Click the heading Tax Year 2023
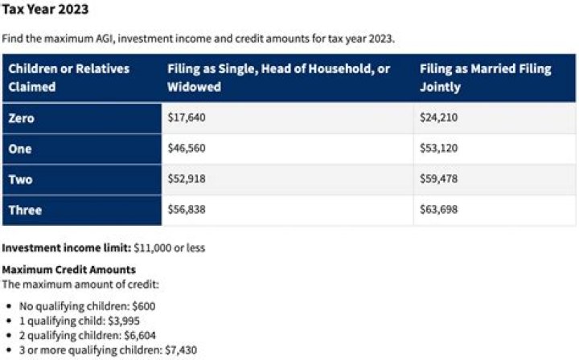45,10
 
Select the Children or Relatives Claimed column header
68,77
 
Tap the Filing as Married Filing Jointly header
485,77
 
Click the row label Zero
22,118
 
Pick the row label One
20,149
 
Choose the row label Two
20,179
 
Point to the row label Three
24,211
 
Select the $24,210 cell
438,118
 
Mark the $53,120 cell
438,149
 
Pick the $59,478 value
438,179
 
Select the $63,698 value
438,211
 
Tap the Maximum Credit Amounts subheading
69,270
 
